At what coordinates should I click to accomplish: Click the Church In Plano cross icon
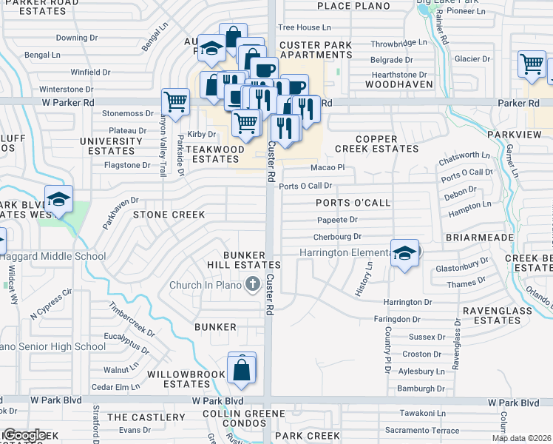(x=252, y=283)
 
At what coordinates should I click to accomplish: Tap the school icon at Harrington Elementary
(x=404, y=254)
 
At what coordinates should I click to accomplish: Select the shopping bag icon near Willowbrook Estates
(x=242, y=368)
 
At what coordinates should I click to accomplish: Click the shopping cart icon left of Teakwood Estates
(x=175, y=101)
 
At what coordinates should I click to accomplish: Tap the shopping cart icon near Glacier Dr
(x=532, y=64)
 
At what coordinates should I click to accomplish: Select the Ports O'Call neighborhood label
(x=353, y=203)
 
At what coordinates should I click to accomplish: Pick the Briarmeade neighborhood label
(x=479, y=238)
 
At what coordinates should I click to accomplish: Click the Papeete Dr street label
(x=338, y=220)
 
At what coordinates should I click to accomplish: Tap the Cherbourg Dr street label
(x=336, y=237)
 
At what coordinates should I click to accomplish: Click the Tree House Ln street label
(x=299, y=27)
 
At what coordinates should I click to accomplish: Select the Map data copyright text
(x=522, y=438)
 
